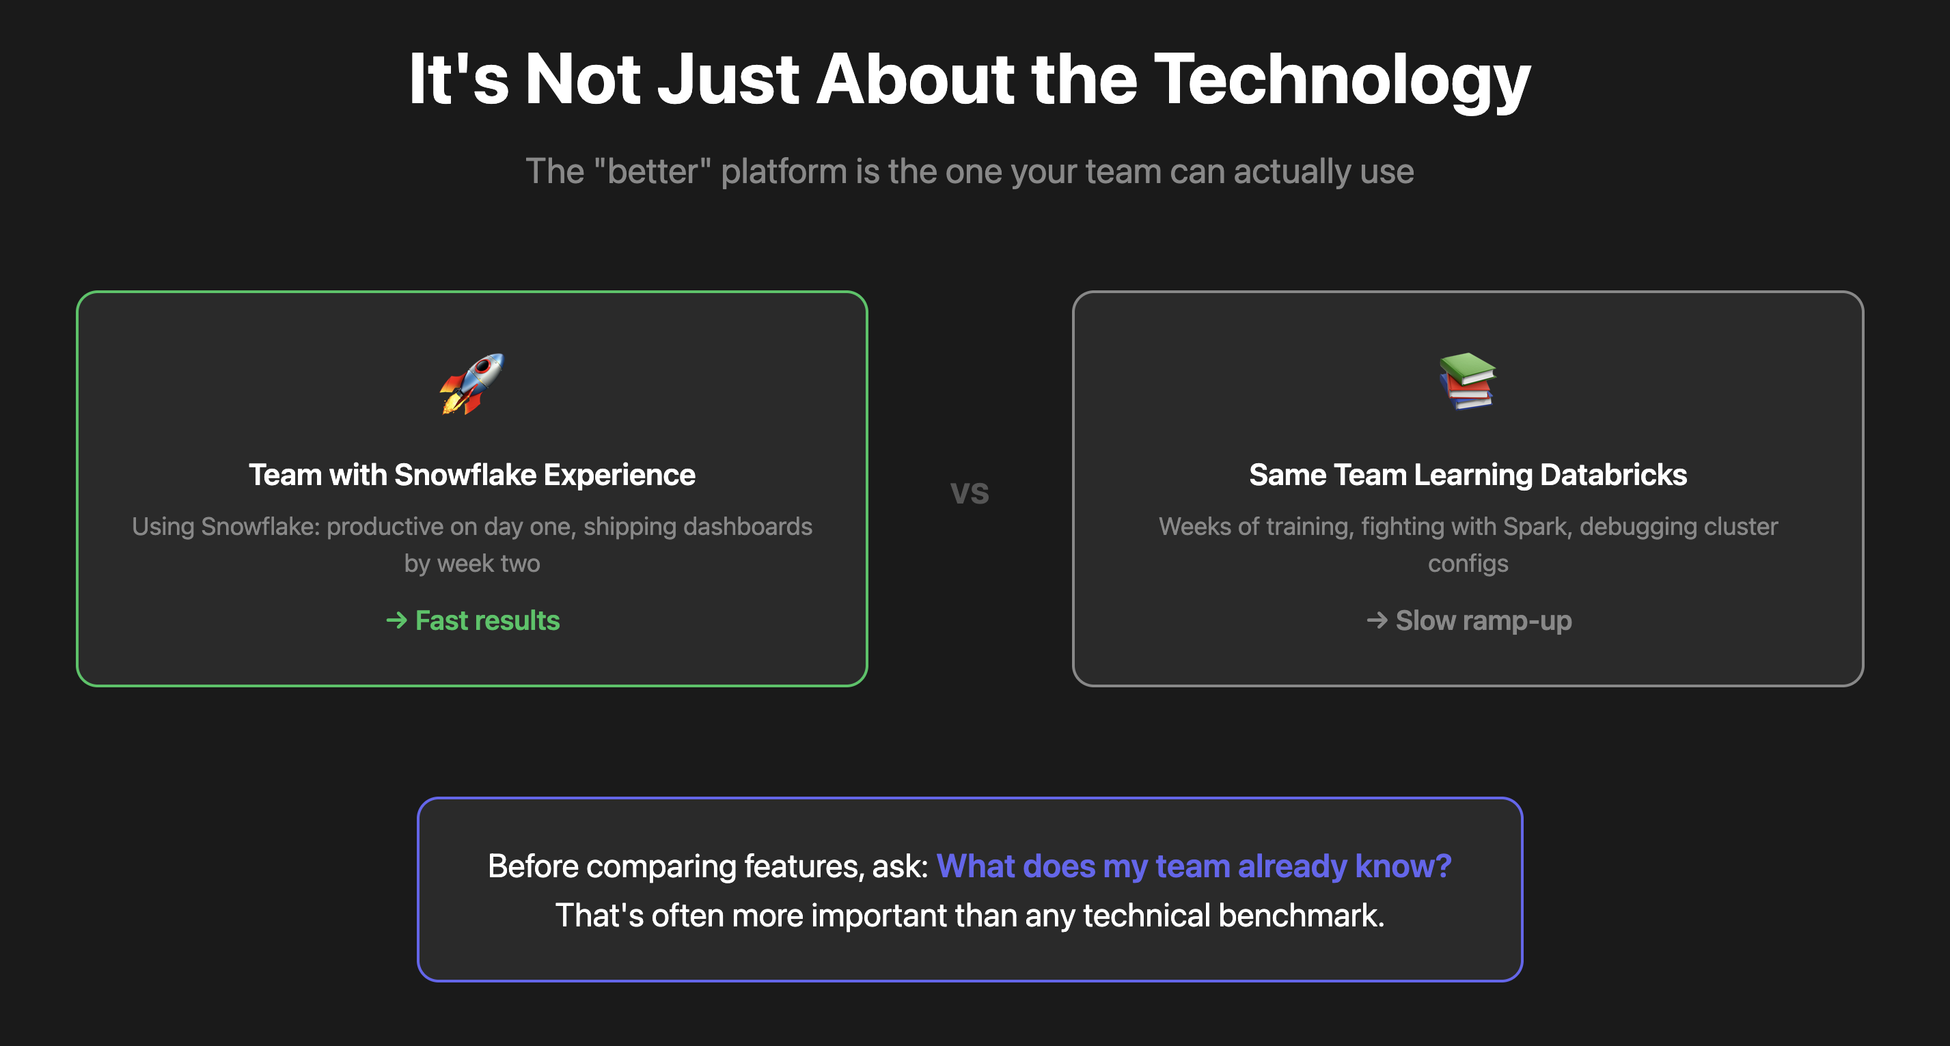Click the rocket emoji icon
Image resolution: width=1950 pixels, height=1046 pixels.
471,384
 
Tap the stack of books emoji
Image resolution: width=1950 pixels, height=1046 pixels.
1468,381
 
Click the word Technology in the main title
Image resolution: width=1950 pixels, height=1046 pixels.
1342,80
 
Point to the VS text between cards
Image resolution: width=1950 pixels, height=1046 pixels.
970,493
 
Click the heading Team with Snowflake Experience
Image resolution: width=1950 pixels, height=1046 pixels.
471,475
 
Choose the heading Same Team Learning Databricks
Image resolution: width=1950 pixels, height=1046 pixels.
1468,475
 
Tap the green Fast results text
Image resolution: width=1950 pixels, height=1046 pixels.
488,620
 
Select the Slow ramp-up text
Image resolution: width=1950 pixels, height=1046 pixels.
1484,620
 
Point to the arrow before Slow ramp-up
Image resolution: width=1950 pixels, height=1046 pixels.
1377,620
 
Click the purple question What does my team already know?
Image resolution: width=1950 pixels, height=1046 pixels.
1194,866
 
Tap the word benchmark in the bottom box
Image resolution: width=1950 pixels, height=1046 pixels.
1302,915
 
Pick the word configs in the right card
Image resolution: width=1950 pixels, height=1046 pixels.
1468,564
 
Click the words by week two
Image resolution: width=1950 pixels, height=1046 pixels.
471,563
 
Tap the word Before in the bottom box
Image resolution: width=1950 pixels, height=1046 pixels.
533,866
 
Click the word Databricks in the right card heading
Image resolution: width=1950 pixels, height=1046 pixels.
1613,475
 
